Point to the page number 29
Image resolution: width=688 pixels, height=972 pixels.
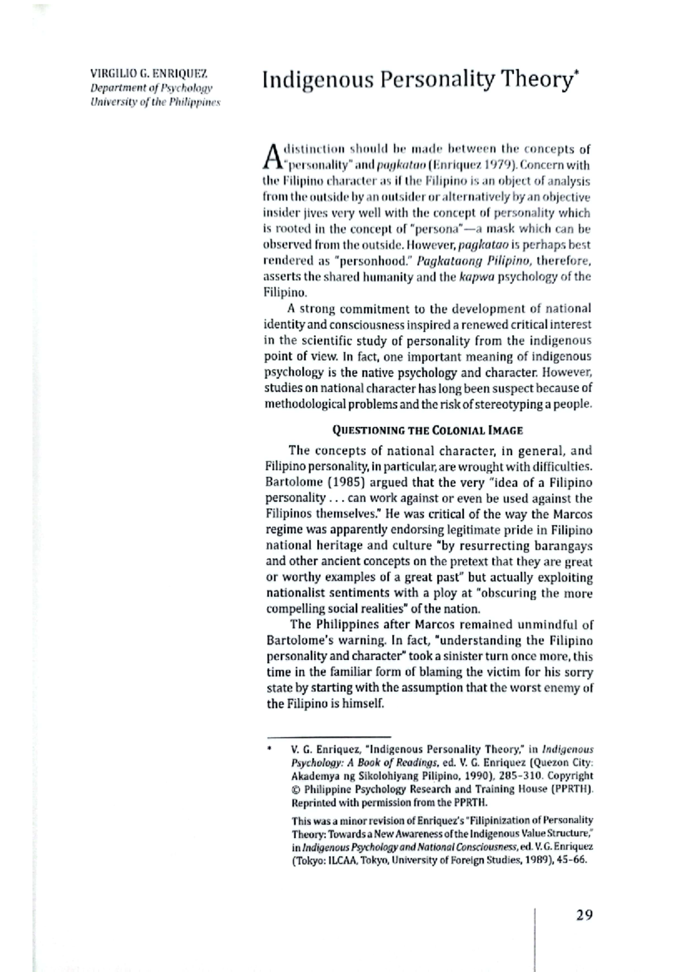point(584,915)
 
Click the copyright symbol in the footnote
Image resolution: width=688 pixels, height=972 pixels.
point(296,789)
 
